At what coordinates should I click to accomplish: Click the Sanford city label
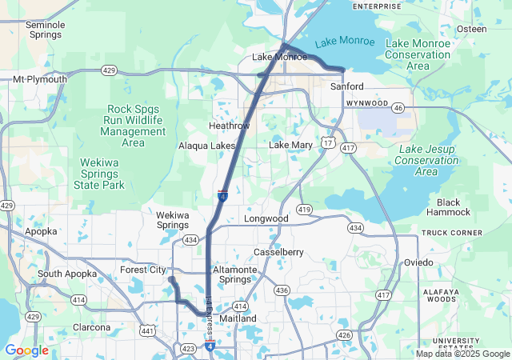(x=346, y=86)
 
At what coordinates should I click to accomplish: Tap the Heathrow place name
(x=229, y=126)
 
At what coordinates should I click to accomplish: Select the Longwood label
(x=266, y=218)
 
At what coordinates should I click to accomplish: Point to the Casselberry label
(x=278, y=252)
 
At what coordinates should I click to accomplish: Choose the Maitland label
(x=238, y=318)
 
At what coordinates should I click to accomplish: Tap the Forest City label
(x=142, y=270)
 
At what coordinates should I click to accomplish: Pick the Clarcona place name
(x=91, y=327)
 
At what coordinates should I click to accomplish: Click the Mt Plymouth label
(x=40, y=80)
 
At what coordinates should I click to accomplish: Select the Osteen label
(x=471, y=29)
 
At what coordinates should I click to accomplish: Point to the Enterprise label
(x=377, y=6)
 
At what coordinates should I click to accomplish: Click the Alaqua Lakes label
(x=206, y=146)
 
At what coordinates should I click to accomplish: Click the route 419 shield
(x=303, y=209)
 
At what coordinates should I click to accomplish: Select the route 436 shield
(x=282, y=290)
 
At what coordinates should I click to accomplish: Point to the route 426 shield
(x=344, y=334)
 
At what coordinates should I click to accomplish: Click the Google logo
(x=26, y=350)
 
